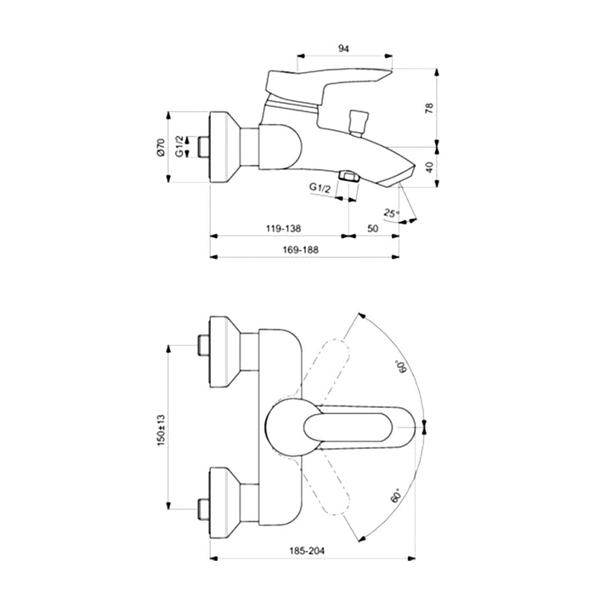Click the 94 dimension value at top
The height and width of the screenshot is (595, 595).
click(x=343, y=48)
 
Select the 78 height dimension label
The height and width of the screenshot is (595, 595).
click(x=429, y=108)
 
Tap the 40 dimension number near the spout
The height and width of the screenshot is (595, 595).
click(x=429, y=167)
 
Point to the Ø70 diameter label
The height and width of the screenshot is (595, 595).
click(x=161, y=147)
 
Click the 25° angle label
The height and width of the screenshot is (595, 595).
click(x=391, y=212)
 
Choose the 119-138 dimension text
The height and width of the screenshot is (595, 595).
click(x=283, y=229)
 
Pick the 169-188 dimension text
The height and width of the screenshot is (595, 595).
click(x=301, y=250)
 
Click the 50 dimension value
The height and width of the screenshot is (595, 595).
click(x=373, y=229)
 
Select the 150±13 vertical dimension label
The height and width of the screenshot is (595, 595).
click(x=161, y=430)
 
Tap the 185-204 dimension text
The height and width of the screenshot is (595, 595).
click(x=307, y=551)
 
